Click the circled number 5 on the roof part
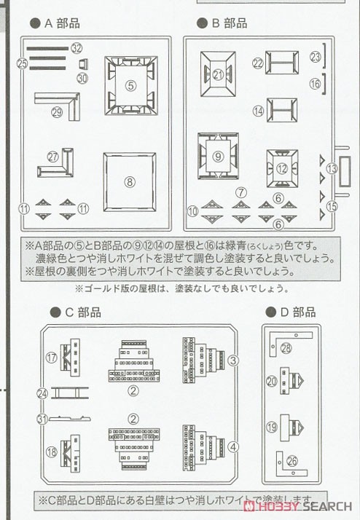tap(130, 85)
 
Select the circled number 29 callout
tap(58, 111)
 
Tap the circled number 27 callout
tap(52, 157)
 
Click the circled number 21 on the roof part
tap(219, 74)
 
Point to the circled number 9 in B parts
tap(216, 156)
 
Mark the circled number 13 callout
tap(332, 168)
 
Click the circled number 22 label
tap(257, 63)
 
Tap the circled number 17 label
tap(51, 358)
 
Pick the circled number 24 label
tap(42, 393)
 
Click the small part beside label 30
tap(82, 64)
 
